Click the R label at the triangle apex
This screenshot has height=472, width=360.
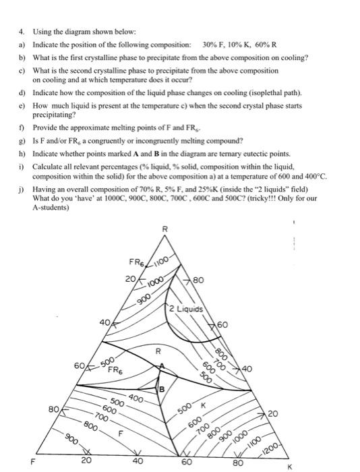point(163,231)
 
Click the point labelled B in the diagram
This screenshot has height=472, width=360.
point(162,389)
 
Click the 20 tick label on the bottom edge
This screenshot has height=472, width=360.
point(86,461)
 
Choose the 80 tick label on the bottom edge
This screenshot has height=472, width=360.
point(237,463)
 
